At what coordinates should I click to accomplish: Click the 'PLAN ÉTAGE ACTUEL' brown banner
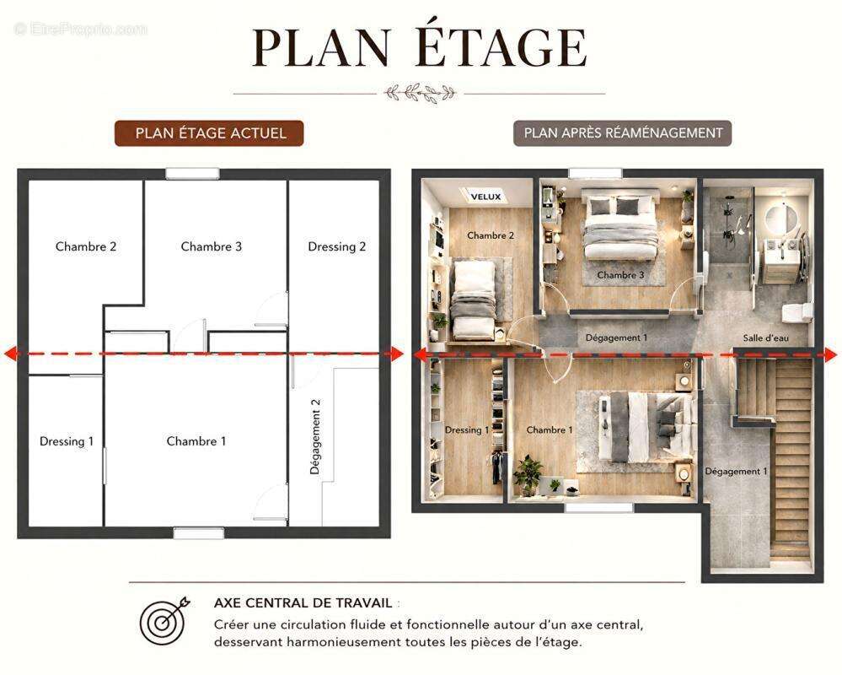209,133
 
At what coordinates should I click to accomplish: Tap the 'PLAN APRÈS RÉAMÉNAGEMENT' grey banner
622,133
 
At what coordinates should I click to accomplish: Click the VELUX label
485,197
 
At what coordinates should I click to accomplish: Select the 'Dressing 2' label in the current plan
336,246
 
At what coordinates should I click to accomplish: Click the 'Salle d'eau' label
766,338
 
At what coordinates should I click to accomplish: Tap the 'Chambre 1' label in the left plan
196,441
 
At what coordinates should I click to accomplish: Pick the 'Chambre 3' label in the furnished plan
620,275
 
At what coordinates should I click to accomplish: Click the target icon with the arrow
164,621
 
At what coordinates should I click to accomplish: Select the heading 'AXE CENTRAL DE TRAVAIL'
303,603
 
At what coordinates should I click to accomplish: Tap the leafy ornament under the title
420,93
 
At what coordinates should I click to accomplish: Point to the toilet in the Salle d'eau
796,312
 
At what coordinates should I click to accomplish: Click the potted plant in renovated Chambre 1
528,474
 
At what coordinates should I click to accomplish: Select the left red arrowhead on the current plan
11,354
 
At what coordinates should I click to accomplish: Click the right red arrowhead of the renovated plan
830,354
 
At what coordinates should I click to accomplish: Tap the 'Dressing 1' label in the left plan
67,441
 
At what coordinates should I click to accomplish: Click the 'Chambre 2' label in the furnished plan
491,235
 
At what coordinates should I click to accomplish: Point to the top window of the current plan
192,174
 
